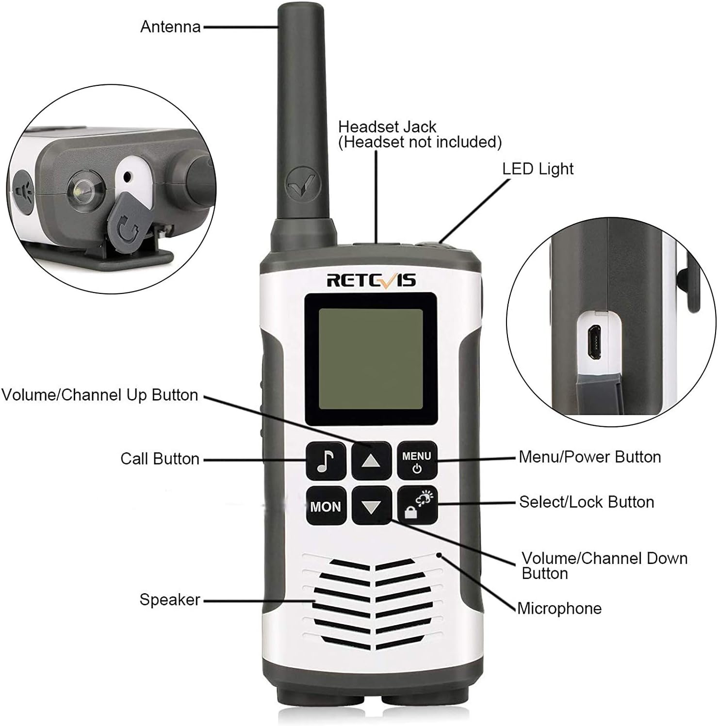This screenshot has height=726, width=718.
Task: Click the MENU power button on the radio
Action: pyautogui.click(x=417, y=461)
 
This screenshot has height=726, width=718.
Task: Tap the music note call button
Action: pyautogui.click(x=326, y=461)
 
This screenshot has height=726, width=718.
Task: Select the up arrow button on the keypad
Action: pyautogui.click(x=371, y=461)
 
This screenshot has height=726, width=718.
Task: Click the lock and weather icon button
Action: pyautogui.click(x=417, y=505)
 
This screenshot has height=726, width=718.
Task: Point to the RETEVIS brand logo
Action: pyautogui.click(x=371, y=280)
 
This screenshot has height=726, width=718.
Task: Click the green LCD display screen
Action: pyautogui.click(x=371, y=359)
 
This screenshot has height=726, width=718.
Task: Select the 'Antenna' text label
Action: pyautogui.click(x=170, y=27)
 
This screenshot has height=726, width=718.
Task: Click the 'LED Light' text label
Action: pyautogui.click(x=538, y=169)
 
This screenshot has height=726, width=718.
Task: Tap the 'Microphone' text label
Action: pyautogui.click(x=559, y=608)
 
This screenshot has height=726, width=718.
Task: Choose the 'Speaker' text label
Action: pyautogui.click(x=169, y=600)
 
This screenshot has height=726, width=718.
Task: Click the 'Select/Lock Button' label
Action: pyautogui.click(x=586, y=502)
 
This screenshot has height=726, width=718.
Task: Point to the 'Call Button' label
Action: pyautogui.click(x=160, y=459)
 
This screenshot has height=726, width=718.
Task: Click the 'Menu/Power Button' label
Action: pyautogui.click(x=589, y=457)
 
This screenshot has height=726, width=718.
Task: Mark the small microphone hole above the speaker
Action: pyautogui.click(x=440, y=554)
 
